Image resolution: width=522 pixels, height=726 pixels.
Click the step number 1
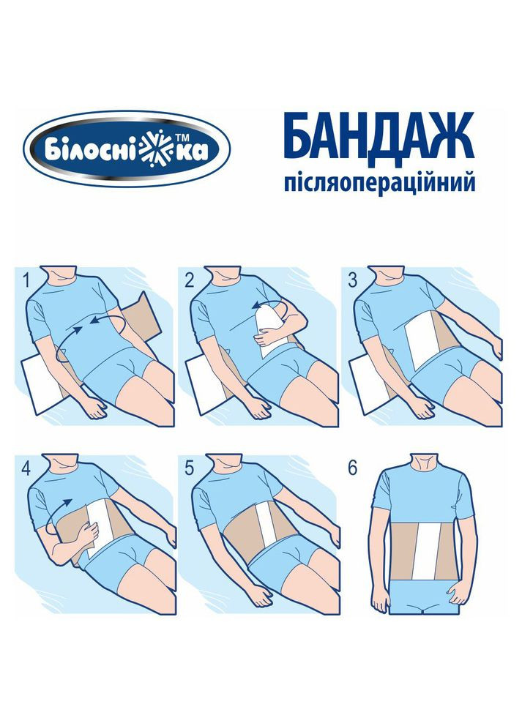(27, 280)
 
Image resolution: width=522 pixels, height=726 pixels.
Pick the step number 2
(190, 280)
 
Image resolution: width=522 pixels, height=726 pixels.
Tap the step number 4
(27, 468)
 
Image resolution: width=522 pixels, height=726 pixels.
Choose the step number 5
(190, 468)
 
